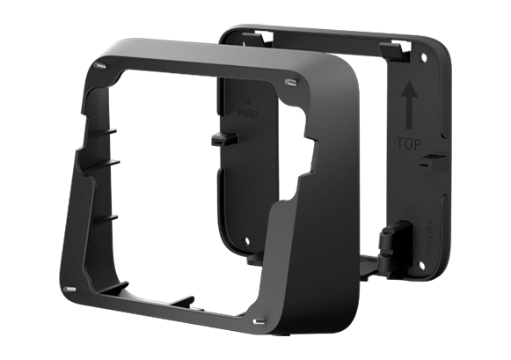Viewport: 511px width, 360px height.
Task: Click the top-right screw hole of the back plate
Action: pos(422,58)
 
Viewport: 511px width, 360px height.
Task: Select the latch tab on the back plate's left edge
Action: pos(221,140)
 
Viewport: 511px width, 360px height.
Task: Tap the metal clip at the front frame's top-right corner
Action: pos(289,84)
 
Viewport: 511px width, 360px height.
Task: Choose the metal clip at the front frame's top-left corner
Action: pos(99,64)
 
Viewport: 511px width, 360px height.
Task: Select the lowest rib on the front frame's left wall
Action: pos(111,216)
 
